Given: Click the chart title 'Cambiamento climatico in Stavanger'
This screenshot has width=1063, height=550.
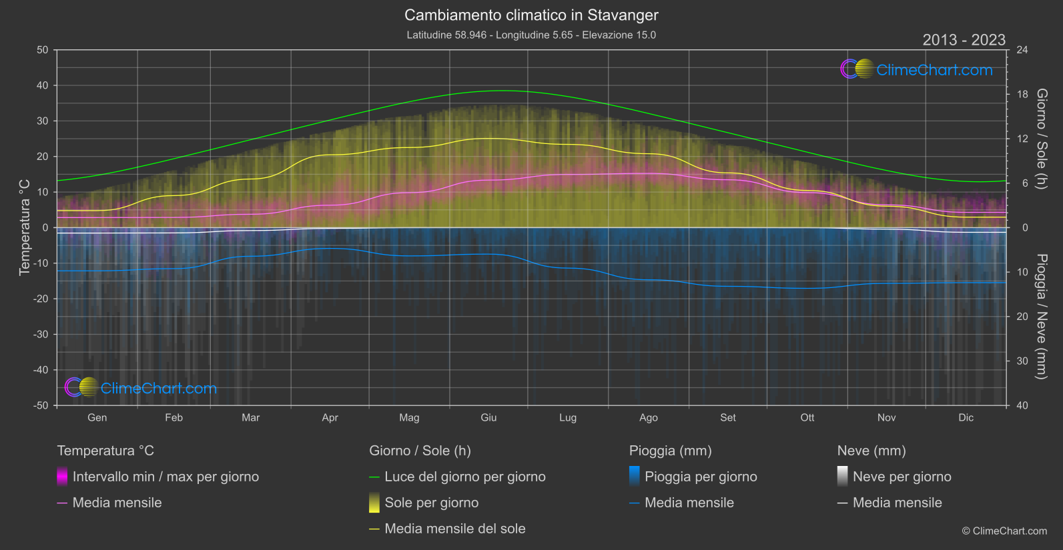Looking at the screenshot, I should pos(531,15).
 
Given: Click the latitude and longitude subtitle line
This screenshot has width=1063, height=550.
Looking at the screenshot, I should pos(531,35).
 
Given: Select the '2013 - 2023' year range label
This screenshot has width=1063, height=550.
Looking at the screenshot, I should pos(964,40).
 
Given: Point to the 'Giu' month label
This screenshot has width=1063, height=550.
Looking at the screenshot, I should pos(488,418).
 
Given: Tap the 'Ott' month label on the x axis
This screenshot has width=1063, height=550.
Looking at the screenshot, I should pos(807,418).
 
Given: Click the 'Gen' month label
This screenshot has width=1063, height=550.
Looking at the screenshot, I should pos(97,418).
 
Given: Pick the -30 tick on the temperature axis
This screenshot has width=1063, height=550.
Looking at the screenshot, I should pos(41,335).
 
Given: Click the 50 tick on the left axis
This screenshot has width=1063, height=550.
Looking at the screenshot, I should pos(43,50).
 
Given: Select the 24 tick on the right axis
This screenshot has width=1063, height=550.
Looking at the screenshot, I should pos(1022,50).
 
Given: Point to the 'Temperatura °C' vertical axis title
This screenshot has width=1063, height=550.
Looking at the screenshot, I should pos(25,227).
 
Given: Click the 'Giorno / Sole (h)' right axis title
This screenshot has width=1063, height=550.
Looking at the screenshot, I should pos(1041,139).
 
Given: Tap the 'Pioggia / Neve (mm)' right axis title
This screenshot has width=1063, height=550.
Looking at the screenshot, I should pos(1041,317).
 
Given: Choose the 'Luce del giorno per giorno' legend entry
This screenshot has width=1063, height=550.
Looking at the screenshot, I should pos(464,477).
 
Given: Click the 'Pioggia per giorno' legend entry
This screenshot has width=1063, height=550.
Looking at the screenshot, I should pos(700,477).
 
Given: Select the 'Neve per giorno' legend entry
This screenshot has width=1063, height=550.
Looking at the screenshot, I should pos(902,477).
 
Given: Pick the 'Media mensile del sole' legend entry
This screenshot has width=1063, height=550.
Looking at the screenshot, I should pos(454,529).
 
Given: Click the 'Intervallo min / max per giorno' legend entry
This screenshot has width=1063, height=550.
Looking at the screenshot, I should pos(165,477).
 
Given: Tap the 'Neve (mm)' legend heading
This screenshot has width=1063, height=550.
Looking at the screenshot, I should pos(871,451).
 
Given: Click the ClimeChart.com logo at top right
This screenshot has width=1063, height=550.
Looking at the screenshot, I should pos(917,69).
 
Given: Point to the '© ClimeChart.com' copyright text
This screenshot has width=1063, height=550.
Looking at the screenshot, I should pos(1004,531).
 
